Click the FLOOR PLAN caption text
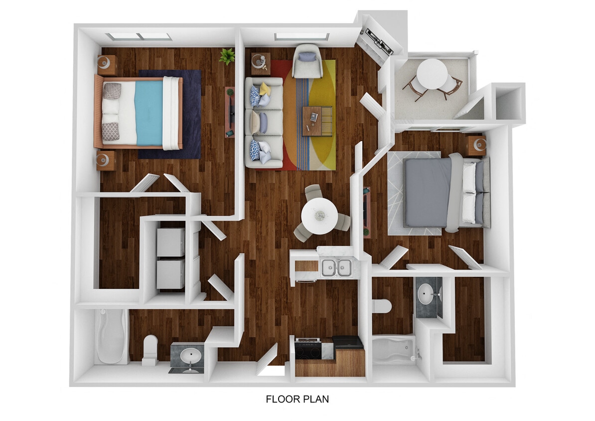[x=297, y=399]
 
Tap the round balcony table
[x=432, y=74]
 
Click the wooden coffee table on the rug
[x=317, y=121]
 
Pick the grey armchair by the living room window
[x=307, y=60]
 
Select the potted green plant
[x=227, y=56]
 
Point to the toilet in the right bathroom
[x=382, y=305]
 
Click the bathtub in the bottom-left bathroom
[x=111, y=337]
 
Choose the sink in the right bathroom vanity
[x=426, y=295]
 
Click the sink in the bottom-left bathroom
[x=190, y=356]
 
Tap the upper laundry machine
[x=170, y=242]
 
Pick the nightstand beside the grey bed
[x=476, y=145]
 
